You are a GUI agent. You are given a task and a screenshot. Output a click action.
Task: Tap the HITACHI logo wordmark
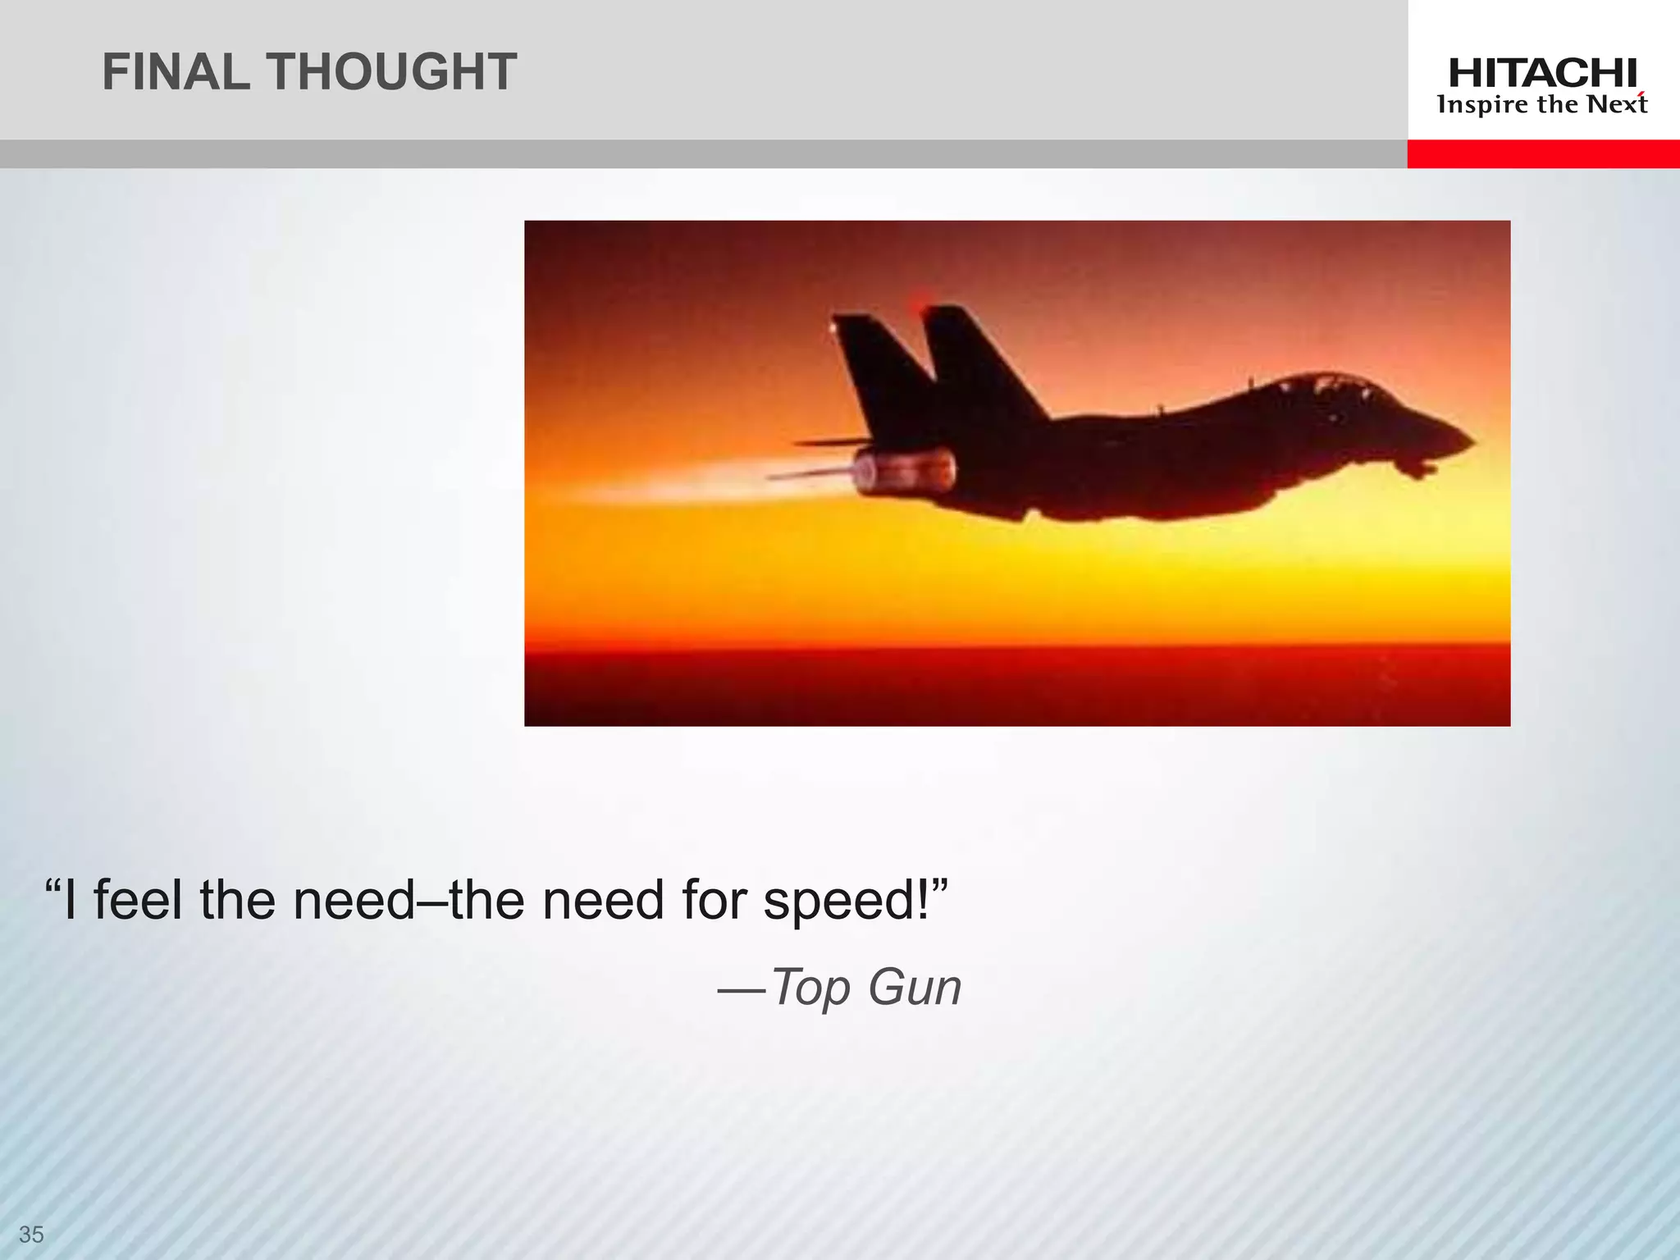(x=1542, y=74)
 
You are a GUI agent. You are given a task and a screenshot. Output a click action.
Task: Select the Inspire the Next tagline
(x=1542, y=105)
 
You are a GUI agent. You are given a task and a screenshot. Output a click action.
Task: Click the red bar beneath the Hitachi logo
(x=1542, y=153)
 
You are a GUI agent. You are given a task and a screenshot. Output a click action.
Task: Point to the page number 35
(x=31, y=1234)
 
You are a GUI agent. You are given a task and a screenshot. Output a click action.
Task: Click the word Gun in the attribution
(x=915, y=987)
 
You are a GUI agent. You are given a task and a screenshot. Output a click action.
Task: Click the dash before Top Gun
(x=742, y=992)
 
